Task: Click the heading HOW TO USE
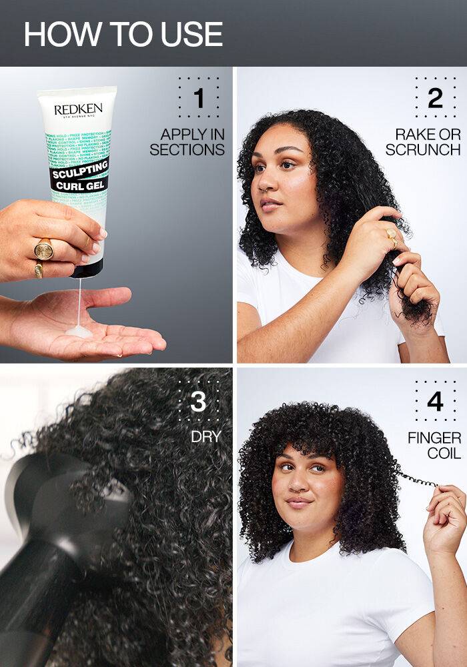(123, 34)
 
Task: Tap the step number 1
(198, 98)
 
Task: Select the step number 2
(435, 98)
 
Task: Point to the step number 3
(198, 402)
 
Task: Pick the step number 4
(435, 402)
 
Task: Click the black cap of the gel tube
(87, 269)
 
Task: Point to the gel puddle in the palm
(79, 331)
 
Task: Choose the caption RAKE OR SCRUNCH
(423, 141)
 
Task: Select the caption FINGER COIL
(434, 446)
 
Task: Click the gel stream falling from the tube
(79, 300)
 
